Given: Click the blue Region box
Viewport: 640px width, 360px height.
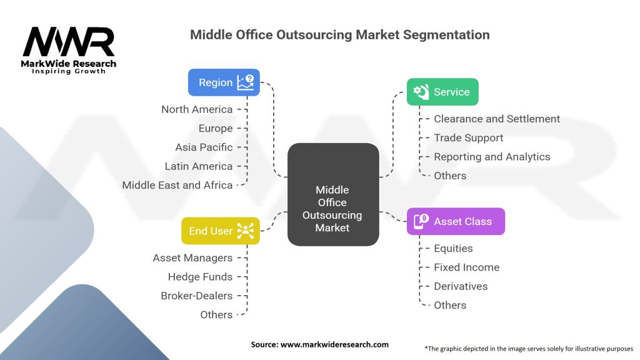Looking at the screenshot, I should point(224,82).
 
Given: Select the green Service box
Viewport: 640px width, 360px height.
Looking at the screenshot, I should point(442,92).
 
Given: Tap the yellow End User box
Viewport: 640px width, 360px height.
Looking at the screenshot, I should point(220,231).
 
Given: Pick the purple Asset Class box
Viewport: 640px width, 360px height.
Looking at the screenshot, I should point(456,221).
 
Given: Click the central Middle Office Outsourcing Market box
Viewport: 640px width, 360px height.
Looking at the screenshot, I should point(332,208).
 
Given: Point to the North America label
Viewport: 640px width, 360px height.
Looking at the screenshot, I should point(197,109).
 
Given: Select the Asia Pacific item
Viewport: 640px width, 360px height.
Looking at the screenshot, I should point(204,147).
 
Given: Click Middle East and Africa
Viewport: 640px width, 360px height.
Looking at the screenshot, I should point(177,185).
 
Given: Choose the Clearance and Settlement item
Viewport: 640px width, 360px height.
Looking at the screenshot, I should point(497,119).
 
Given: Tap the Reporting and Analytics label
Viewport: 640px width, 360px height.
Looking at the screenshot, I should point(492,157).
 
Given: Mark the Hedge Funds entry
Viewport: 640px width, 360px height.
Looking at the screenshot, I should point(200,277).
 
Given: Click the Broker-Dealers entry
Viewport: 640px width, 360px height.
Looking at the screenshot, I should point(196,296).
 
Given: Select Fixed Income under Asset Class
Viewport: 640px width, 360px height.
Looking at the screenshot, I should point(467,267).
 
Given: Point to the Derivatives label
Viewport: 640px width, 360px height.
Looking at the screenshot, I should point(461,286).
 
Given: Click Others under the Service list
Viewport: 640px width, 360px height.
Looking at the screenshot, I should point(450,176).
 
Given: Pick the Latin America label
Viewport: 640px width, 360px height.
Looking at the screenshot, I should point(199,166).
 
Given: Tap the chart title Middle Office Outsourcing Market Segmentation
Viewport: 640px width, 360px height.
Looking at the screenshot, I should point(339,35).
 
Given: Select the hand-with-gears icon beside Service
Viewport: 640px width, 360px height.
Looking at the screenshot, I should point(422,92).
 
